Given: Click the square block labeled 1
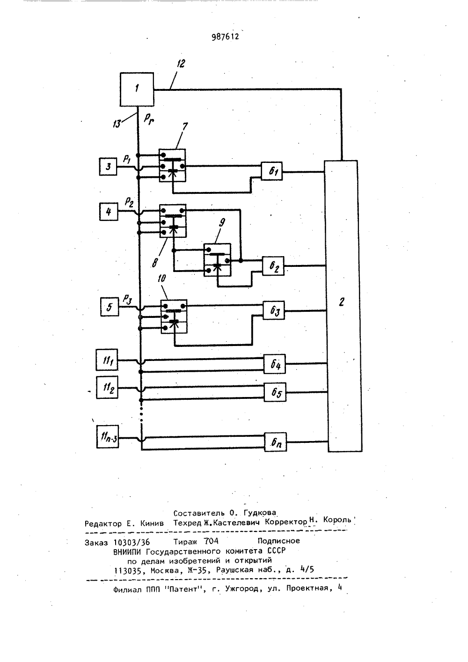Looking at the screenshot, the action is point(137,89).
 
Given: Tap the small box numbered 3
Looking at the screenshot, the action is point(108,167).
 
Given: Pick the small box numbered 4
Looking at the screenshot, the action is point(109,212).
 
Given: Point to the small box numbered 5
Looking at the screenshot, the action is point(110,307).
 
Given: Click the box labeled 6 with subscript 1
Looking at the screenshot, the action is point(271,171).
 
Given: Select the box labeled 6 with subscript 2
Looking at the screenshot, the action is point(273,266).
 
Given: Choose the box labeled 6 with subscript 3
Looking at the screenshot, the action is point(274,310).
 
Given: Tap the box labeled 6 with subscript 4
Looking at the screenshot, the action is point(274,364).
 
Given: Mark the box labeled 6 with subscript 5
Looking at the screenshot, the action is point(275,392).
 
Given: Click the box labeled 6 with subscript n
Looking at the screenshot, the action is point(275,442).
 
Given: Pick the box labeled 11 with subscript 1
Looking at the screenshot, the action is point(107,360).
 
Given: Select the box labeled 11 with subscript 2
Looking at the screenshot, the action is point(107,387).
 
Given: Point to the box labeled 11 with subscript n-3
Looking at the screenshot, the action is point(108,437).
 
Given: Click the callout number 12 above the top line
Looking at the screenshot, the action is point(181,64).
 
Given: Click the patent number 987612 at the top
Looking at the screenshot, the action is point(226,37).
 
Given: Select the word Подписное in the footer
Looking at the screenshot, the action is point(278,541).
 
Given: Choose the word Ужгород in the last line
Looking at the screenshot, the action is point(242,588).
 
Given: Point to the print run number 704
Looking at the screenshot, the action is point(211,541).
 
